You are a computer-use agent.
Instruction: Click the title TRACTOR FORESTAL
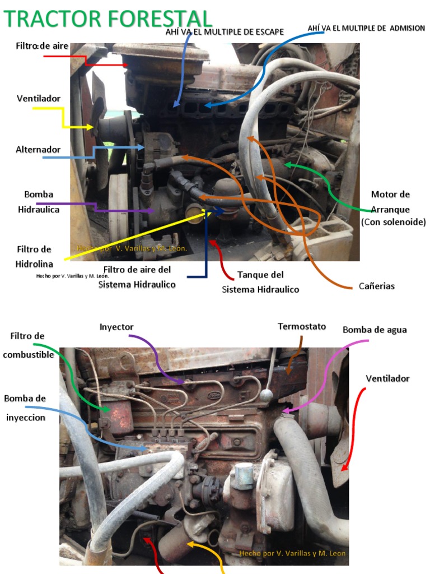coord(108,18)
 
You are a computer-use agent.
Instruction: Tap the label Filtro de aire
coord(42,46)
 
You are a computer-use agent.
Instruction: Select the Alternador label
coord(38,150)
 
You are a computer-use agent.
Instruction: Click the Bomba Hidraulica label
coord(39,202)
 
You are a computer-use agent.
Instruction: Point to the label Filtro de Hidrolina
coord(34,256)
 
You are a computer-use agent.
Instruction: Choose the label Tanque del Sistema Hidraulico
coord(260,282)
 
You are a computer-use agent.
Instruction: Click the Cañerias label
coord(377,286)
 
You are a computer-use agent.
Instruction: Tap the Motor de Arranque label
coord(393,208)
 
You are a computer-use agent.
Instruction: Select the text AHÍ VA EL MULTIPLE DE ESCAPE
coord(225,32)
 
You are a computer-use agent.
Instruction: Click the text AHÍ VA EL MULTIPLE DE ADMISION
coord(366,28)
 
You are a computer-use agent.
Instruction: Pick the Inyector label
coord(116,326)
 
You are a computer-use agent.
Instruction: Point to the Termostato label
coord(302,326)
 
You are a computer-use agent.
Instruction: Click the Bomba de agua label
coord(375,330)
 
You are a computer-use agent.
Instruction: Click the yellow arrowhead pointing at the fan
coord(90,128)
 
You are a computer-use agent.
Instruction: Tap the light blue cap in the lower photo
coord(244,473)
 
